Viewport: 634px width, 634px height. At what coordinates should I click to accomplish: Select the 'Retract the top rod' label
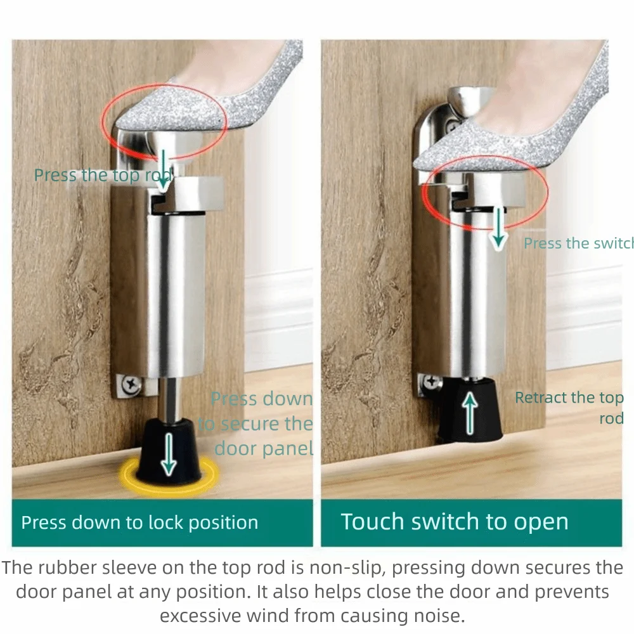pos(569,408)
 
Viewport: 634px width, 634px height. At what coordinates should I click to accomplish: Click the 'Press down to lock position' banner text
pos(139,523)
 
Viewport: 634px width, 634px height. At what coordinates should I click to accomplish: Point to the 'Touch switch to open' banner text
pos(454,522)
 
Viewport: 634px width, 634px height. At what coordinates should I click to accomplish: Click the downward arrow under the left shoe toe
pos(163,169)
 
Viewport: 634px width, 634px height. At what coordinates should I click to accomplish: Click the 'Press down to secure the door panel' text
pos(257,424)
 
